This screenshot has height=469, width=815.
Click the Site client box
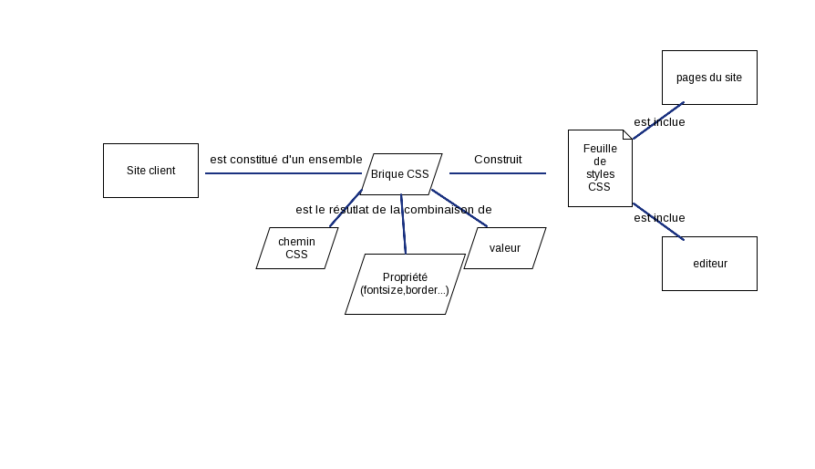[x=150, y=171]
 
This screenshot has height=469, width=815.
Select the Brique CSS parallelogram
[x=401, y=173]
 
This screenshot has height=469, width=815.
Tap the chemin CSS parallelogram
[x=297, y=247]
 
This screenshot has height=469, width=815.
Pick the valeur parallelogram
[x=505, y=247]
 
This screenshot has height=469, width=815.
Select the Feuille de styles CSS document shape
[x=600, y=168]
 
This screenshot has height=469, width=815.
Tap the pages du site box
[x=709, y=78]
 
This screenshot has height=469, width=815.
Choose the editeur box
[x=709, y=264]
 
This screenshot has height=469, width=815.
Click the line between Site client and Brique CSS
[x=283, y=173]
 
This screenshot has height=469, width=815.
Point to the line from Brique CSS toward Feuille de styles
[x=497, y=173]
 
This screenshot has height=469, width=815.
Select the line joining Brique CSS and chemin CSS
[x=346, y=208]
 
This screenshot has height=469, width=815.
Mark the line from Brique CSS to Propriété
[x=403, y=224]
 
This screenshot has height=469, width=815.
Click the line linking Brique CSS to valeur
[x=459, y=208]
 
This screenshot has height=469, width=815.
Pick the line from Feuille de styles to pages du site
[x=658, y=120]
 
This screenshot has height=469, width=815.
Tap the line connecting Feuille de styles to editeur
[x=658, y=222]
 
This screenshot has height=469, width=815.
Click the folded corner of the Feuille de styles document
[x=628, y=134]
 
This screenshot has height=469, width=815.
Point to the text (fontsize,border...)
[x=405, y=290]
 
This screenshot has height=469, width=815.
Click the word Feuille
[x=600, y=148]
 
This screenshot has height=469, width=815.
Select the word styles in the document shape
[x=600, y=173]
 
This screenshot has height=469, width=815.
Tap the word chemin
[x=297, y=241]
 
